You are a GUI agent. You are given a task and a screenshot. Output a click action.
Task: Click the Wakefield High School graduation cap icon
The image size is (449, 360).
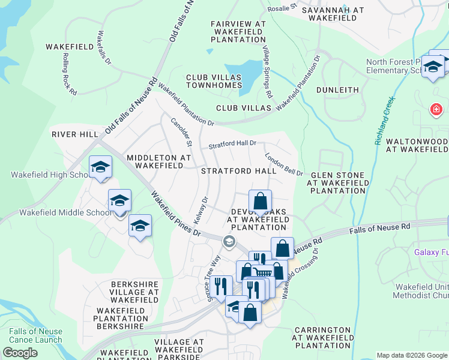coord(100,167)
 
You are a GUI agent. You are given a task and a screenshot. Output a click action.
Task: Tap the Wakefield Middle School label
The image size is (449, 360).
coord(65,212)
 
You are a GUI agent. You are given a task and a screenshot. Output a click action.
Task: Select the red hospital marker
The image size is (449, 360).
coord(436,110)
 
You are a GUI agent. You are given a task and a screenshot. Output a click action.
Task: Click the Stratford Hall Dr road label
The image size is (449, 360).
coord(232,145)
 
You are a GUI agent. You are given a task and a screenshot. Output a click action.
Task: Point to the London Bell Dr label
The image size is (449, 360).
coord(284,164)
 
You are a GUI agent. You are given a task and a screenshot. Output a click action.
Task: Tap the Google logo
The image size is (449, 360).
coord(20,353)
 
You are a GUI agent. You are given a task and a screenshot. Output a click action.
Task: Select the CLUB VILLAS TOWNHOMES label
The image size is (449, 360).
coord(213,82)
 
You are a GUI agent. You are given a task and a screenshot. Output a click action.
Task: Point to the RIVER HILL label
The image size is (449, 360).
coord(74,134)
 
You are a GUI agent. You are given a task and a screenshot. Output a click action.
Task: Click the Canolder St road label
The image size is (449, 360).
coord(181,132)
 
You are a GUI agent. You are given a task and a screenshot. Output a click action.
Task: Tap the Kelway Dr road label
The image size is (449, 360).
coord(200,207)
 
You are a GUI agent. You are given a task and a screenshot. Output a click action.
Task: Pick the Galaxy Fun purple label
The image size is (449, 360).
coord(431,252)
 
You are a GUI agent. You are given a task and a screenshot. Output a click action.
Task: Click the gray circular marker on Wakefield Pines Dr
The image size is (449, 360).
coord(229,241)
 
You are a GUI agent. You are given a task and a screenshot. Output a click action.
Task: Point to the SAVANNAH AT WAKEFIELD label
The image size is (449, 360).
coord(333,14)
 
